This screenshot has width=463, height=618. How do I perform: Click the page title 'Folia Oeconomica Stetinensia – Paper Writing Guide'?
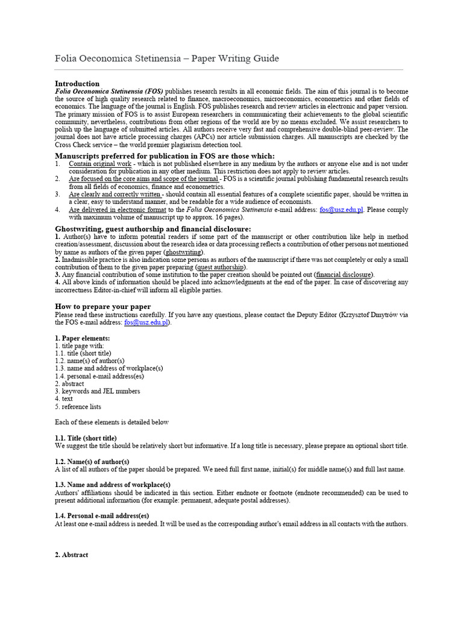click(167, 58)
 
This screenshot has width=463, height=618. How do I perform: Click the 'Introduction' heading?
click(77, 83)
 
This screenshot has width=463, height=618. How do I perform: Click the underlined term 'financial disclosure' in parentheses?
click(344, 275)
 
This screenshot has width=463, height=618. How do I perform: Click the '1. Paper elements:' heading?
click(83, 338)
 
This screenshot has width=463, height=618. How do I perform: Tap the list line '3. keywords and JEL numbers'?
click(97, 391)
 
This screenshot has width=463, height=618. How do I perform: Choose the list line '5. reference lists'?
click(78, 407)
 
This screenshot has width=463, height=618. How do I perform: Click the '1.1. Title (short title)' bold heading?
click(86, 438)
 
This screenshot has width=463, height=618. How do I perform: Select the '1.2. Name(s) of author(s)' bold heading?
click(92, 461)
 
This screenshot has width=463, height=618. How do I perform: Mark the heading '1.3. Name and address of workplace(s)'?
click(113, 485)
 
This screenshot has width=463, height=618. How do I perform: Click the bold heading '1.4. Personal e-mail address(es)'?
click(105, 516)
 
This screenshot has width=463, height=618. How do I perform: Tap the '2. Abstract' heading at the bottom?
click(71, 555)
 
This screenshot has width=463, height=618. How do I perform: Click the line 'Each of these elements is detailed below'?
click(112, 422)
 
